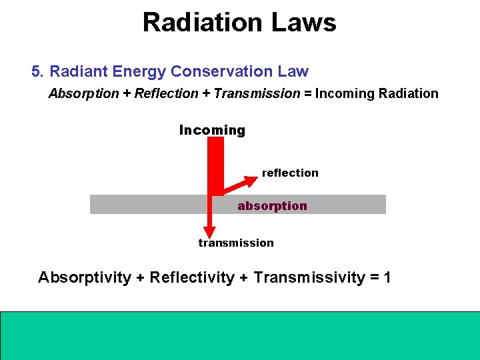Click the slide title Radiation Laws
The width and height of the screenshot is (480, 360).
[x=239, y=23]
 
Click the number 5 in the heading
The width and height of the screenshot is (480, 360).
[x=35, y=71]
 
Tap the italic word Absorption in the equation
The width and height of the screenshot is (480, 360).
[x=83, y=94]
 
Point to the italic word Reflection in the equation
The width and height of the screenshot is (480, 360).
[x=166, y=94]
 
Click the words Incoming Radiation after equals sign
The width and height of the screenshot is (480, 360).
[x=377, y=94]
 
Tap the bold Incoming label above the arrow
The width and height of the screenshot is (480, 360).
[x=212, y=131]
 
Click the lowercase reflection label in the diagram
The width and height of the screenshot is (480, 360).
[x=290, y=173]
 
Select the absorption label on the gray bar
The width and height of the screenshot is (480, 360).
[x=272, y=206]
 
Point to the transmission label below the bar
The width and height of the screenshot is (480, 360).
[x=236, y=243]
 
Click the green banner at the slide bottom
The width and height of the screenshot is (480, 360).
[x=239, y=335]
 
